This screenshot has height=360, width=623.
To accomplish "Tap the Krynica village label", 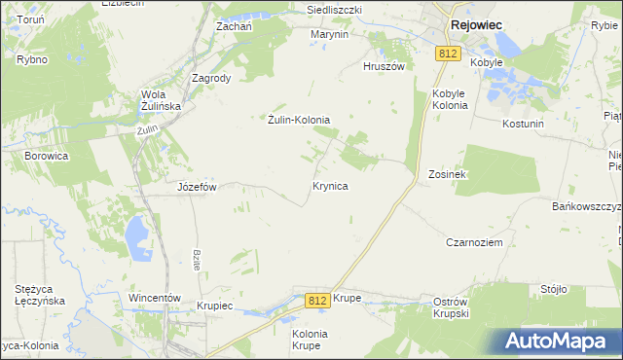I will (330, 184).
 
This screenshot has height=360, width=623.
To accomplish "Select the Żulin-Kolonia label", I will (299, 120).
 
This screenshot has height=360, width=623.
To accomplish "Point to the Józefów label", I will (196, 186).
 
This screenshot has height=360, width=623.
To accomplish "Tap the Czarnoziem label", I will (474, 242).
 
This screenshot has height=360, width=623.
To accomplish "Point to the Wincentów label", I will (156, 297).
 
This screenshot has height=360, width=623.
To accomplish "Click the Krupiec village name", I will (214, 306).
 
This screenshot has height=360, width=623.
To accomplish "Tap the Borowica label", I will (46, 155).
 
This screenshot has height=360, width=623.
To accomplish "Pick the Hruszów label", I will (383, 66).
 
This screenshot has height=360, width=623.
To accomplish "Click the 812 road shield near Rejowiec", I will (448, 54).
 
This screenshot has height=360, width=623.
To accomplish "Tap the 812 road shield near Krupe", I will (315, 301).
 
